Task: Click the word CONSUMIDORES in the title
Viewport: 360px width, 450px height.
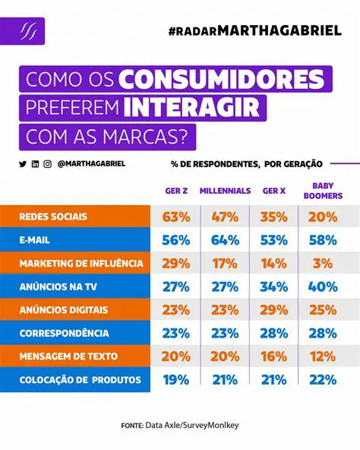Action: pyautogui.click(x=224, y=80)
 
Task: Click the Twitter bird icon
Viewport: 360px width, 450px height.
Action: pyautogui.click(x=23, y=163)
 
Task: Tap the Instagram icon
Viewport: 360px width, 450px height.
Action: pyautogui.click(x=47, y=163)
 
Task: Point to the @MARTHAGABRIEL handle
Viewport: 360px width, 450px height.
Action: pyautogui.click(x=91, y=163)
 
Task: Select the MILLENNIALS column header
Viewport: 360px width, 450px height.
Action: pyautogui.click(x=225, y=191)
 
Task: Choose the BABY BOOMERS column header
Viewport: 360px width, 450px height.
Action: pyautogui.click(x=323, y=191)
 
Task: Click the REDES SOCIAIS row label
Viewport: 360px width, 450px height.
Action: pyautogui.click(x=53, y=217)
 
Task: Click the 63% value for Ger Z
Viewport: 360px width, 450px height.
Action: pyautogui.click(x=175, y=217)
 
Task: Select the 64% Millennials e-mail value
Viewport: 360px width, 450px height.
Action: pyautogui.click(x=225, y=240)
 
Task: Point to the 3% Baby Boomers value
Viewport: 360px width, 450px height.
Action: pyautogui.click(x=323, y=264)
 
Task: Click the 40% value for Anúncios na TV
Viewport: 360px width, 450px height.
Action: pyautogui.click(x=323, y=287)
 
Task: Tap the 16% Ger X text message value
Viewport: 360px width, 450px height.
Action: pyautogui.click(x=274, y=357)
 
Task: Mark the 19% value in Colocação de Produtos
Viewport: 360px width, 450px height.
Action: pyautogui.click(x=175, y=380)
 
